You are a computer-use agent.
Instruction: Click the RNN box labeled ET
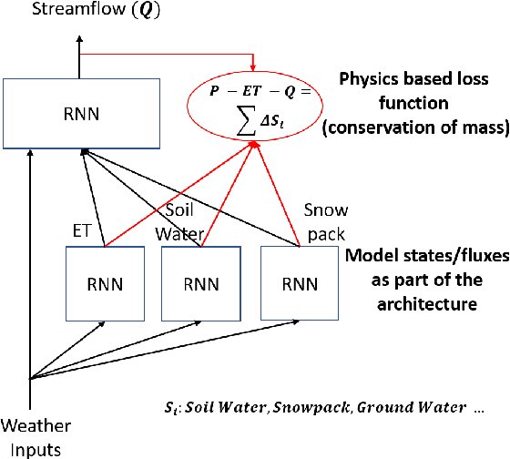tap(105, 282)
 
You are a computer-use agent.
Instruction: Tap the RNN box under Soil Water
tap(199, 282)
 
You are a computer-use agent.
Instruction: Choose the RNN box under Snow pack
tap(300, 282)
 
